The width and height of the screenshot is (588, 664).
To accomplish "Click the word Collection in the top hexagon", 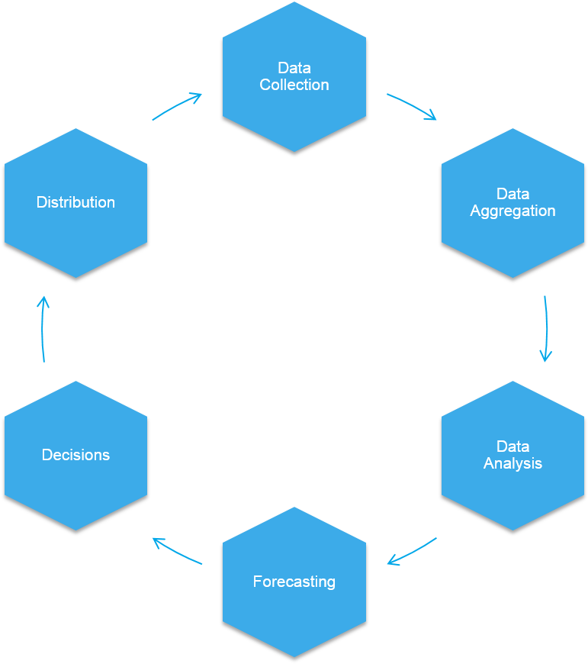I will (294, 85).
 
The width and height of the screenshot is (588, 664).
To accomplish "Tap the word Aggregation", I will (512, 211).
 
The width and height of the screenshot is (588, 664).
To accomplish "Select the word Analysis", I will (512, 463).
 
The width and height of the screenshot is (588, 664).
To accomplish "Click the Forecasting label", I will (294, 582).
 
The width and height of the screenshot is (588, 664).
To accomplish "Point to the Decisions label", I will (76, 455).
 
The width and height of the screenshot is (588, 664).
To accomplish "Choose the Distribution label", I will (76, 202).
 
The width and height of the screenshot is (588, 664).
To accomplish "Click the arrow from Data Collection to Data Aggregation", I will (412, 106).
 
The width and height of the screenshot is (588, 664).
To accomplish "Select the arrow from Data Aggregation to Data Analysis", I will (546, 328).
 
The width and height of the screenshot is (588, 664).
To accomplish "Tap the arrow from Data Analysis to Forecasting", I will (412, 552).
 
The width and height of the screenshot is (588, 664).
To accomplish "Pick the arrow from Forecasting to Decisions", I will (177, 551).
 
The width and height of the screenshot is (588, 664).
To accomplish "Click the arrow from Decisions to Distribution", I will (43, 328).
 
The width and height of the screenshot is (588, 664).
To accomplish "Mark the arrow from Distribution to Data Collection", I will (177, 106).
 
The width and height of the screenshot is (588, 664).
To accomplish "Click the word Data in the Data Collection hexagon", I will (294, 68).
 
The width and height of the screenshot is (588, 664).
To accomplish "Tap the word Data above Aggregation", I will (512, 194).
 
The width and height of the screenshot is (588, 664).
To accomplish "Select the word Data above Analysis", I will (512, 446).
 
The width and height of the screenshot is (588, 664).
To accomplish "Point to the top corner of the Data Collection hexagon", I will (294, 3).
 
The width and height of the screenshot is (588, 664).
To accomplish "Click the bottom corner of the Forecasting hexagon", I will (294, 655).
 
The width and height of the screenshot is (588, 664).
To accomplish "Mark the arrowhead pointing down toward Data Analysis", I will (545, 356).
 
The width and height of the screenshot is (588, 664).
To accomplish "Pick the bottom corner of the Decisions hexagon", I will (76, 529).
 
